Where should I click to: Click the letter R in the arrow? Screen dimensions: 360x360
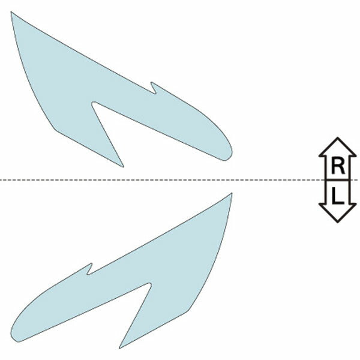(338, 166)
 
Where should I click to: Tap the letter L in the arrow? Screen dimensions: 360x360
(338, 196)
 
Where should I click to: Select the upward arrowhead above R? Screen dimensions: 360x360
(337, 148)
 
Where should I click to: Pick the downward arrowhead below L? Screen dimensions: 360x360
(337, 213)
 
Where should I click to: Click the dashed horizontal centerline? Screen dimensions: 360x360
(161, 180)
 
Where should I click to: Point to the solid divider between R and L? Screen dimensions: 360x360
(337, 180)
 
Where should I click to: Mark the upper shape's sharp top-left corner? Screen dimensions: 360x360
(11, 12)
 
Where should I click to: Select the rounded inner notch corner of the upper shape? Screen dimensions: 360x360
(93, 104)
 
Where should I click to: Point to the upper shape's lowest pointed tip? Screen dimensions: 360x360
(123, 167)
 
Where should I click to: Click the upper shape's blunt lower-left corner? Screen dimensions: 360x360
(55, 130)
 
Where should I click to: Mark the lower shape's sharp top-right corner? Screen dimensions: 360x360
(232, 193)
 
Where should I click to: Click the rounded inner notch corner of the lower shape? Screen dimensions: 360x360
(149, 285)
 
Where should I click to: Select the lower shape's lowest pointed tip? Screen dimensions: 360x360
(120, 348)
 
